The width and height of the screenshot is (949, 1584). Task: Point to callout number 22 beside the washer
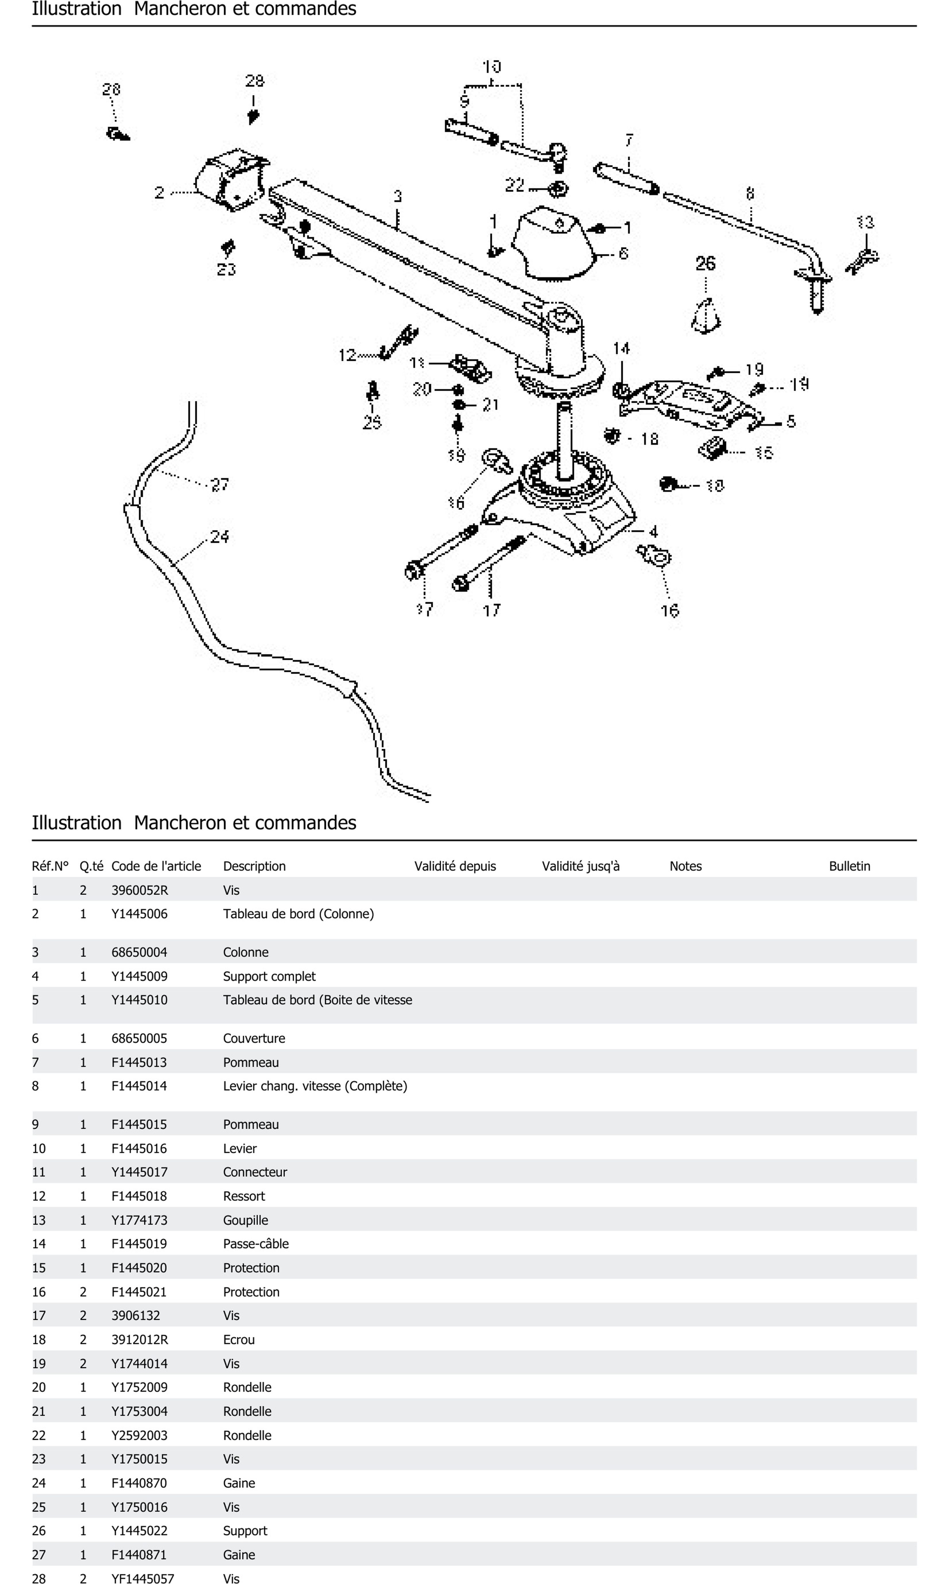coord(515,185)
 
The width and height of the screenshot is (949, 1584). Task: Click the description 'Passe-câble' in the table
coord(256,1244)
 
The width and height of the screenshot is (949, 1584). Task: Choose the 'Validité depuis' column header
coord(455,866)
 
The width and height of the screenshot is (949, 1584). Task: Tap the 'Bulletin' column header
coord(849,866)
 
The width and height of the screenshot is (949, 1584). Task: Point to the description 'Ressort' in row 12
coord(244,1196)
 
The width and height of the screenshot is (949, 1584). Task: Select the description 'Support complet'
coord(269,976)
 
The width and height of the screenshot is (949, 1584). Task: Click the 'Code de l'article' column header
coord(156,866)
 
